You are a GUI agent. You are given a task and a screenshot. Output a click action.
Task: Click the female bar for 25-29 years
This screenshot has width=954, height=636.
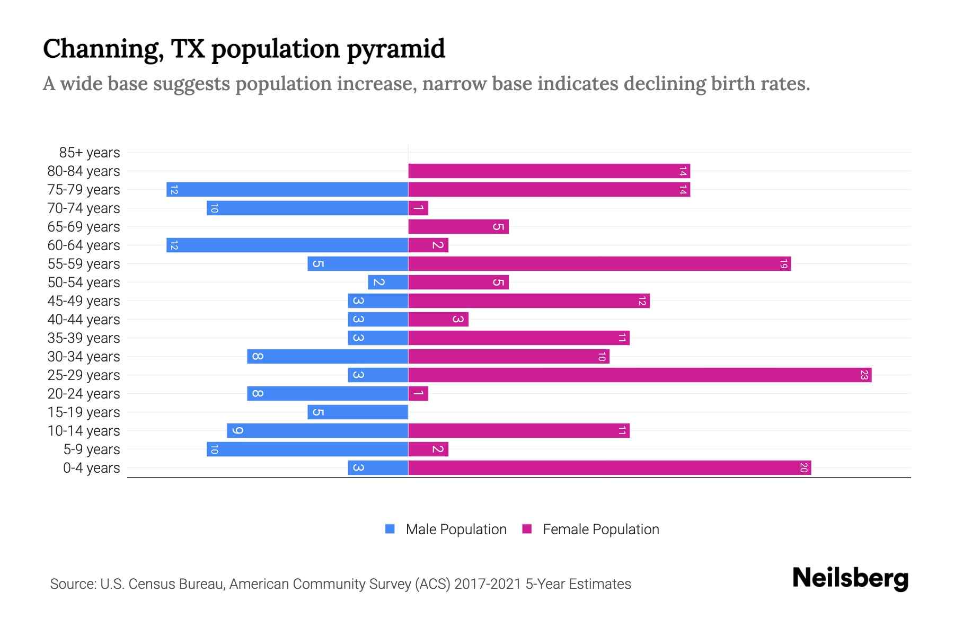click(640, 375)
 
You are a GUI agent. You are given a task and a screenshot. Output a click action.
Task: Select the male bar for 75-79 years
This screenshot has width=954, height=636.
click(287, 190)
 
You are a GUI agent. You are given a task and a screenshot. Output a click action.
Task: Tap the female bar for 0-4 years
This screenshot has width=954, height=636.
click(609, 468)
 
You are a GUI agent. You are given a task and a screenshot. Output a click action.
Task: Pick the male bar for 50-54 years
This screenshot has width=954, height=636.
click(388, 282)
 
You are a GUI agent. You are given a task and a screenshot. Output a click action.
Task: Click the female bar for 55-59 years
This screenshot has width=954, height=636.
click(599, 264)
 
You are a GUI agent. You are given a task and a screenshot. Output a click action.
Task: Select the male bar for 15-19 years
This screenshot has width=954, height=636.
click(358, 412)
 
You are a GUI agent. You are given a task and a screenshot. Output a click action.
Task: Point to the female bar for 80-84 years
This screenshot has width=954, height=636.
click(549, 171)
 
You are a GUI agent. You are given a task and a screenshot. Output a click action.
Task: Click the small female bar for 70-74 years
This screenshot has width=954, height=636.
click(418, 208)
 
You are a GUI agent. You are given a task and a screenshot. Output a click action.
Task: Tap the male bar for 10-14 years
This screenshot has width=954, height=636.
click(317, 431)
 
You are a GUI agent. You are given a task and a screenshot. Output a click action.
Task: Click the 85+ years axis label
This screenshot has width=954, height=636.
click(90, 153)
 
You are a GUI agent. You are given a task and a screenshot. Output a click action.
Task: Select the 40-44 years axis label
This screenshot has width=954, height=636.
click(84, 320)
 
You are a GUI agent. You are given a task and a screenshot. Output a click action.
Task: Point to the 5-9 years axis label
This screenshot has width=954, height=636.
click(92, 449)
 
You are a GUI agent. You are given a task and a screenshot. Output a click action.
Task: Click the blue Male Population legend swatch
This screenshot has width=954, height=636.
click(390, 529)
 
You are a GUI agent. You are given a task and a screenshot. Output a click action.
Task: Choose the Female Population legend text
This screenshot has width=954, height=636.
click(600, 529)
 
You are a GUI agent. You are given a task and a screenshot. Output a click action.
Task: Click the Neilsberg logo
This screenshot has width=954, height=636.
click(850, 578)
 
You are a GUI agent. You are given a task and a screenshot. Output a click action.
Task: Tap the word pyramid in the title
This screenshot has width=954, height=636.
click(396, 49)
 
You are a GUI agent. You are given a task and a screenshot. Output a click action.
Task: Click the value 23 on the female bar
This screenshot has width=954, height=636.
click(864, 375)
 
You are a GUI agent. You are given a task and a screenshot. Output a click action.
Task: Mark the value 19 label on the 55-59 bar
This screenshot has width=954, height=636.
click(783, 264)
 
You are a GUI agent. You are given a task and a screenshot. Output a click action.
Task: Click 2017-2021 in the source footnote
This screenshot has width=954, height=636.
click(487, 584)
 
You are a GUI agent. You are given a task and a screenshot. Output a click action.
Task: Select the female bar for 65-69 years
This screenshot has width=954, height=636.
click(458, 227)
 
